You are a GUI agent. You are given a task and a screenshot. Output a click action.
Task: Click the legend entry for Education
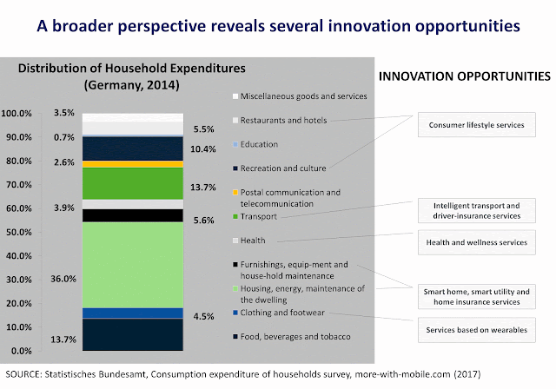pos(261,144)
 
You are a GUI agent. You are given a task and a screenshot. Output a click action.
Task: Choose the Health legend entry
pos(255,240)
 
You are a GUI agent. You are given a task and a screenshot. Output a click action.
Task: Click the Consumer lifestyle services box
pos(476,124)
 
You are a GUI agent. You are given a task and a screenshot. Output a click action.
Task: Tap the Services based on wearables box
pos(476,331)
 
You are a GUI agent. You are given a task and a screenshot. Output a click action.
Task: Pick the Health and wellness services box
pos(476,242)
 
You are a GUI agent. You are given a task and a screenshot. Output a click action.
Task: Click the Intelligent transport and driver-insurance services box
pos(476,209)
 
